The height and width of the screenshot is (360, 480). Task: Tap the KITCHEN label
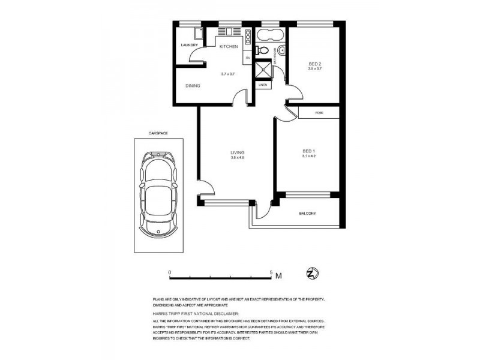click(229, 46)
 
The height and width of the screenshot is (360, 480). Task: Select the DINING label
click(193, 86)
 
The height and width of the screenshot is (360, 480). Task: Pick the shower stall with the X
click(262, 70)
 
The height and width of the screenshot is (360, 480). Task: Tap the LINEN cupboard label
click(262, 85)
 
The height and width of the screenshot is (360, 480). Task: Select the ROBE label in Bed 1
click(319, 112)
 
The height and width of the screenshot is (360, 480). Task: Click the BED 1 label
click(308, 151)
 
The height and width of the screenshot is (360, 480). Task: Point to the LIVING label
click(238, 152)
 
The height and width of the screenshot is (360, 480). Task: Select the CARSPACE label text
click(157, 133)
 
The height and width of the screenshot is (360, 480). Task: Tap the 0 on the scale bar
click(170, 272)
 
